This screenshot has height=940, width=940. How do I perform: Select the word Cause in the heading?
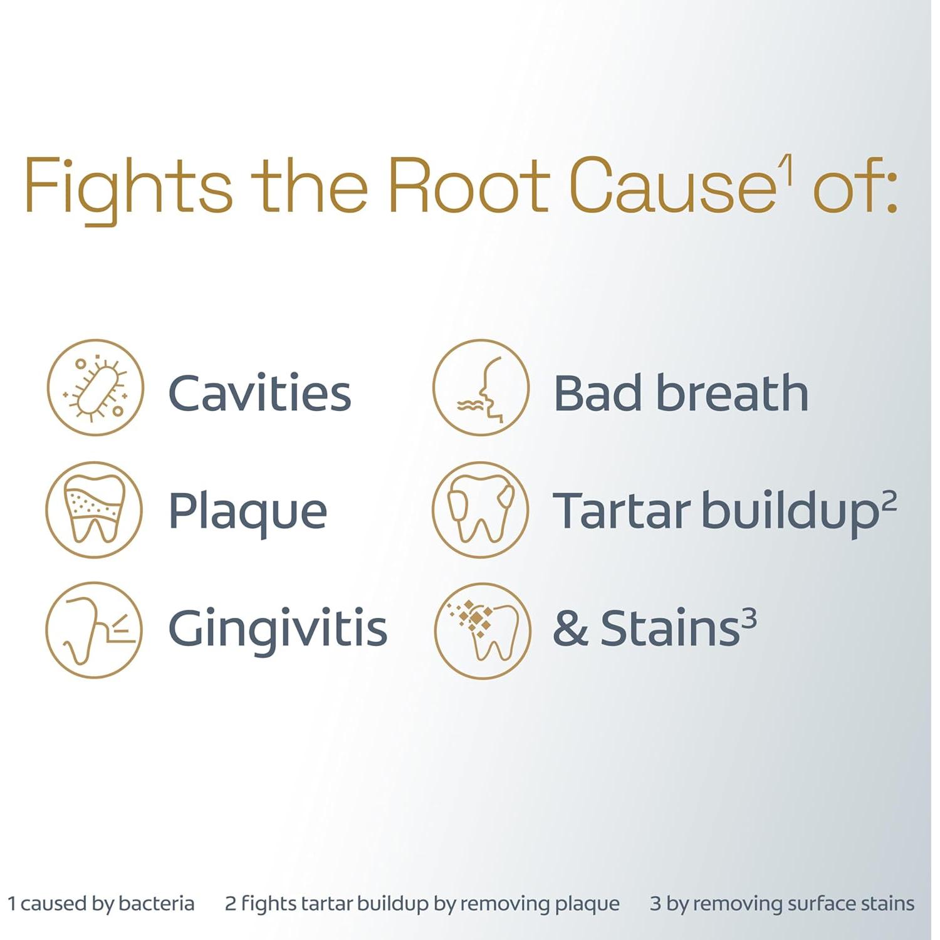(673, 185)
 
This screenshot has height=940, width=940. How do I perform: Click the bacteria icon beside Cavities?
(95, 387)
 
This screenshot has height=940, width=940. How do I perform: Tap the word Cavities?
(259, 393)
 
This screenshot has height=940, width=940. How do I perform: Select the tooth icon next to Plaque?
(94, 510)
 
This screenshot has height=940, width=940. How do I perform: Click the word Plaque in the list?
(248, 513)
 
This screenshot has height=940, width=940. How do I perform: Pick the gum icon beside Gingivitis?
(94, 630)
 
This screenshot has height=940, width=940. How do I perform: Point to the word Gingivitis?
(278, 629)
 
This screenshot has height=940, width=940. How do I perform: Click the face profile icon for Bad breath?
(481, 387)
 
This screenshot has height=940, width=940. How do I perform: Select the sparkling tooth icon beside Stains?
(483, 630)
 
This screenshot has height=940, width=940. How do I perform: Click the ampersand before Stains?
(570, 629)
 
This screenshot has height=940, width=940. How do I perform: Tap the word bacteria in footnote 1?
(156, 903)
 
